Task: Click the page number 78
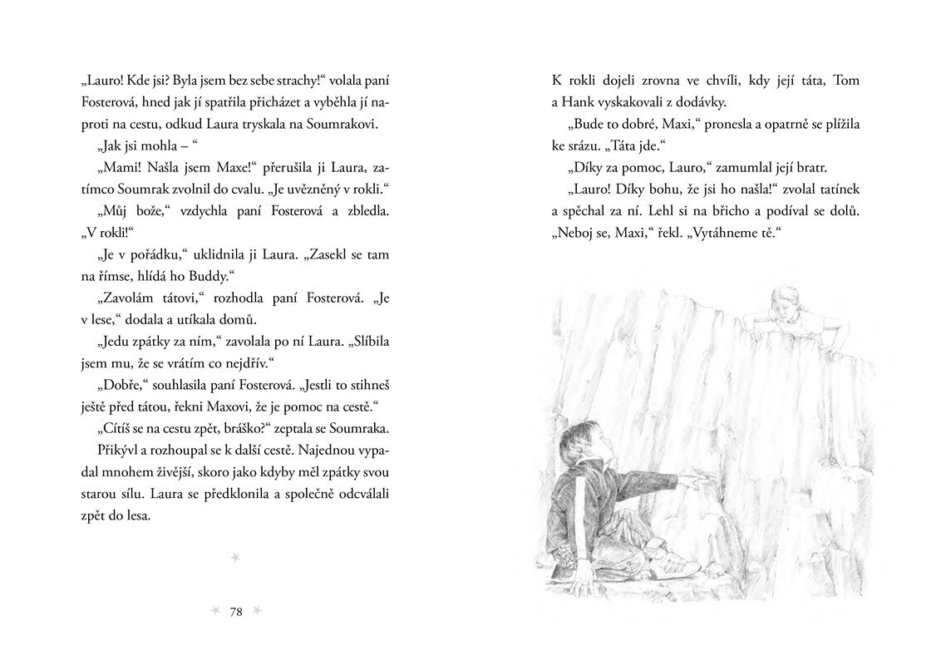click(x=235, y=613)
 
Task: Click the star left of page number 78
click(x=215, y=612)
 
